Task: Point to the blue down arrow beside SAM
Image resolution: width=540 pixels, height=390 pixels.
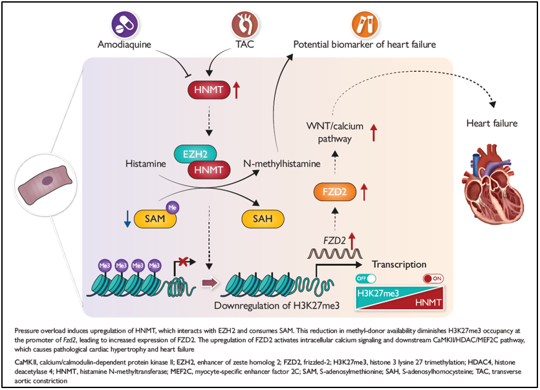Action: point(127,220)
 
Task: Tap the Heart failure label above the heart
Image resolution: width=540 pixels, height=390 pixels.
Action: point(492,123)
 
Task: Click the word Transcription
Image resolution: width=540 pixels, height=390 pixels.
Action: point(399,265)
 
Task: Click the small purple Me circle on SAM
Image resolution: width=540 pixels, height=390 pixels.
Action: point(171,208)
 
